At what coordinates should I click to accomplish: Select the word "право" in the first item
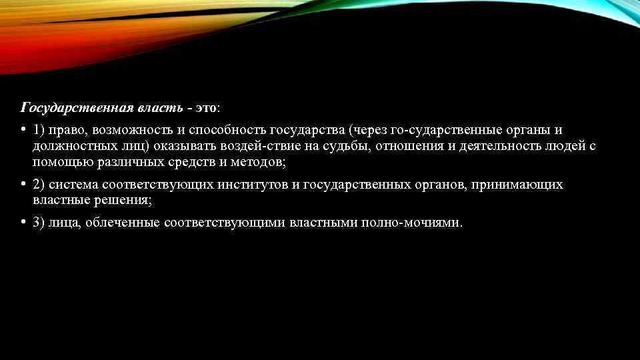tap(66, 129)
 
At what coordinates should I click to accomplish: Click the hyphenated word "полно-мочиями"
tap(411, 223)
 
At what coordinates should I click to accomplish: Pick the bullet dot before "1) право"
tap(23, 129)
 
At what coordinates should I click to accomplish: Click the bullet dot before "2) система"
tap(23, 184)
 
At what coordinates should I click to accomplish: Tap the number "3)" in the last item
tap(39, 223)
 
